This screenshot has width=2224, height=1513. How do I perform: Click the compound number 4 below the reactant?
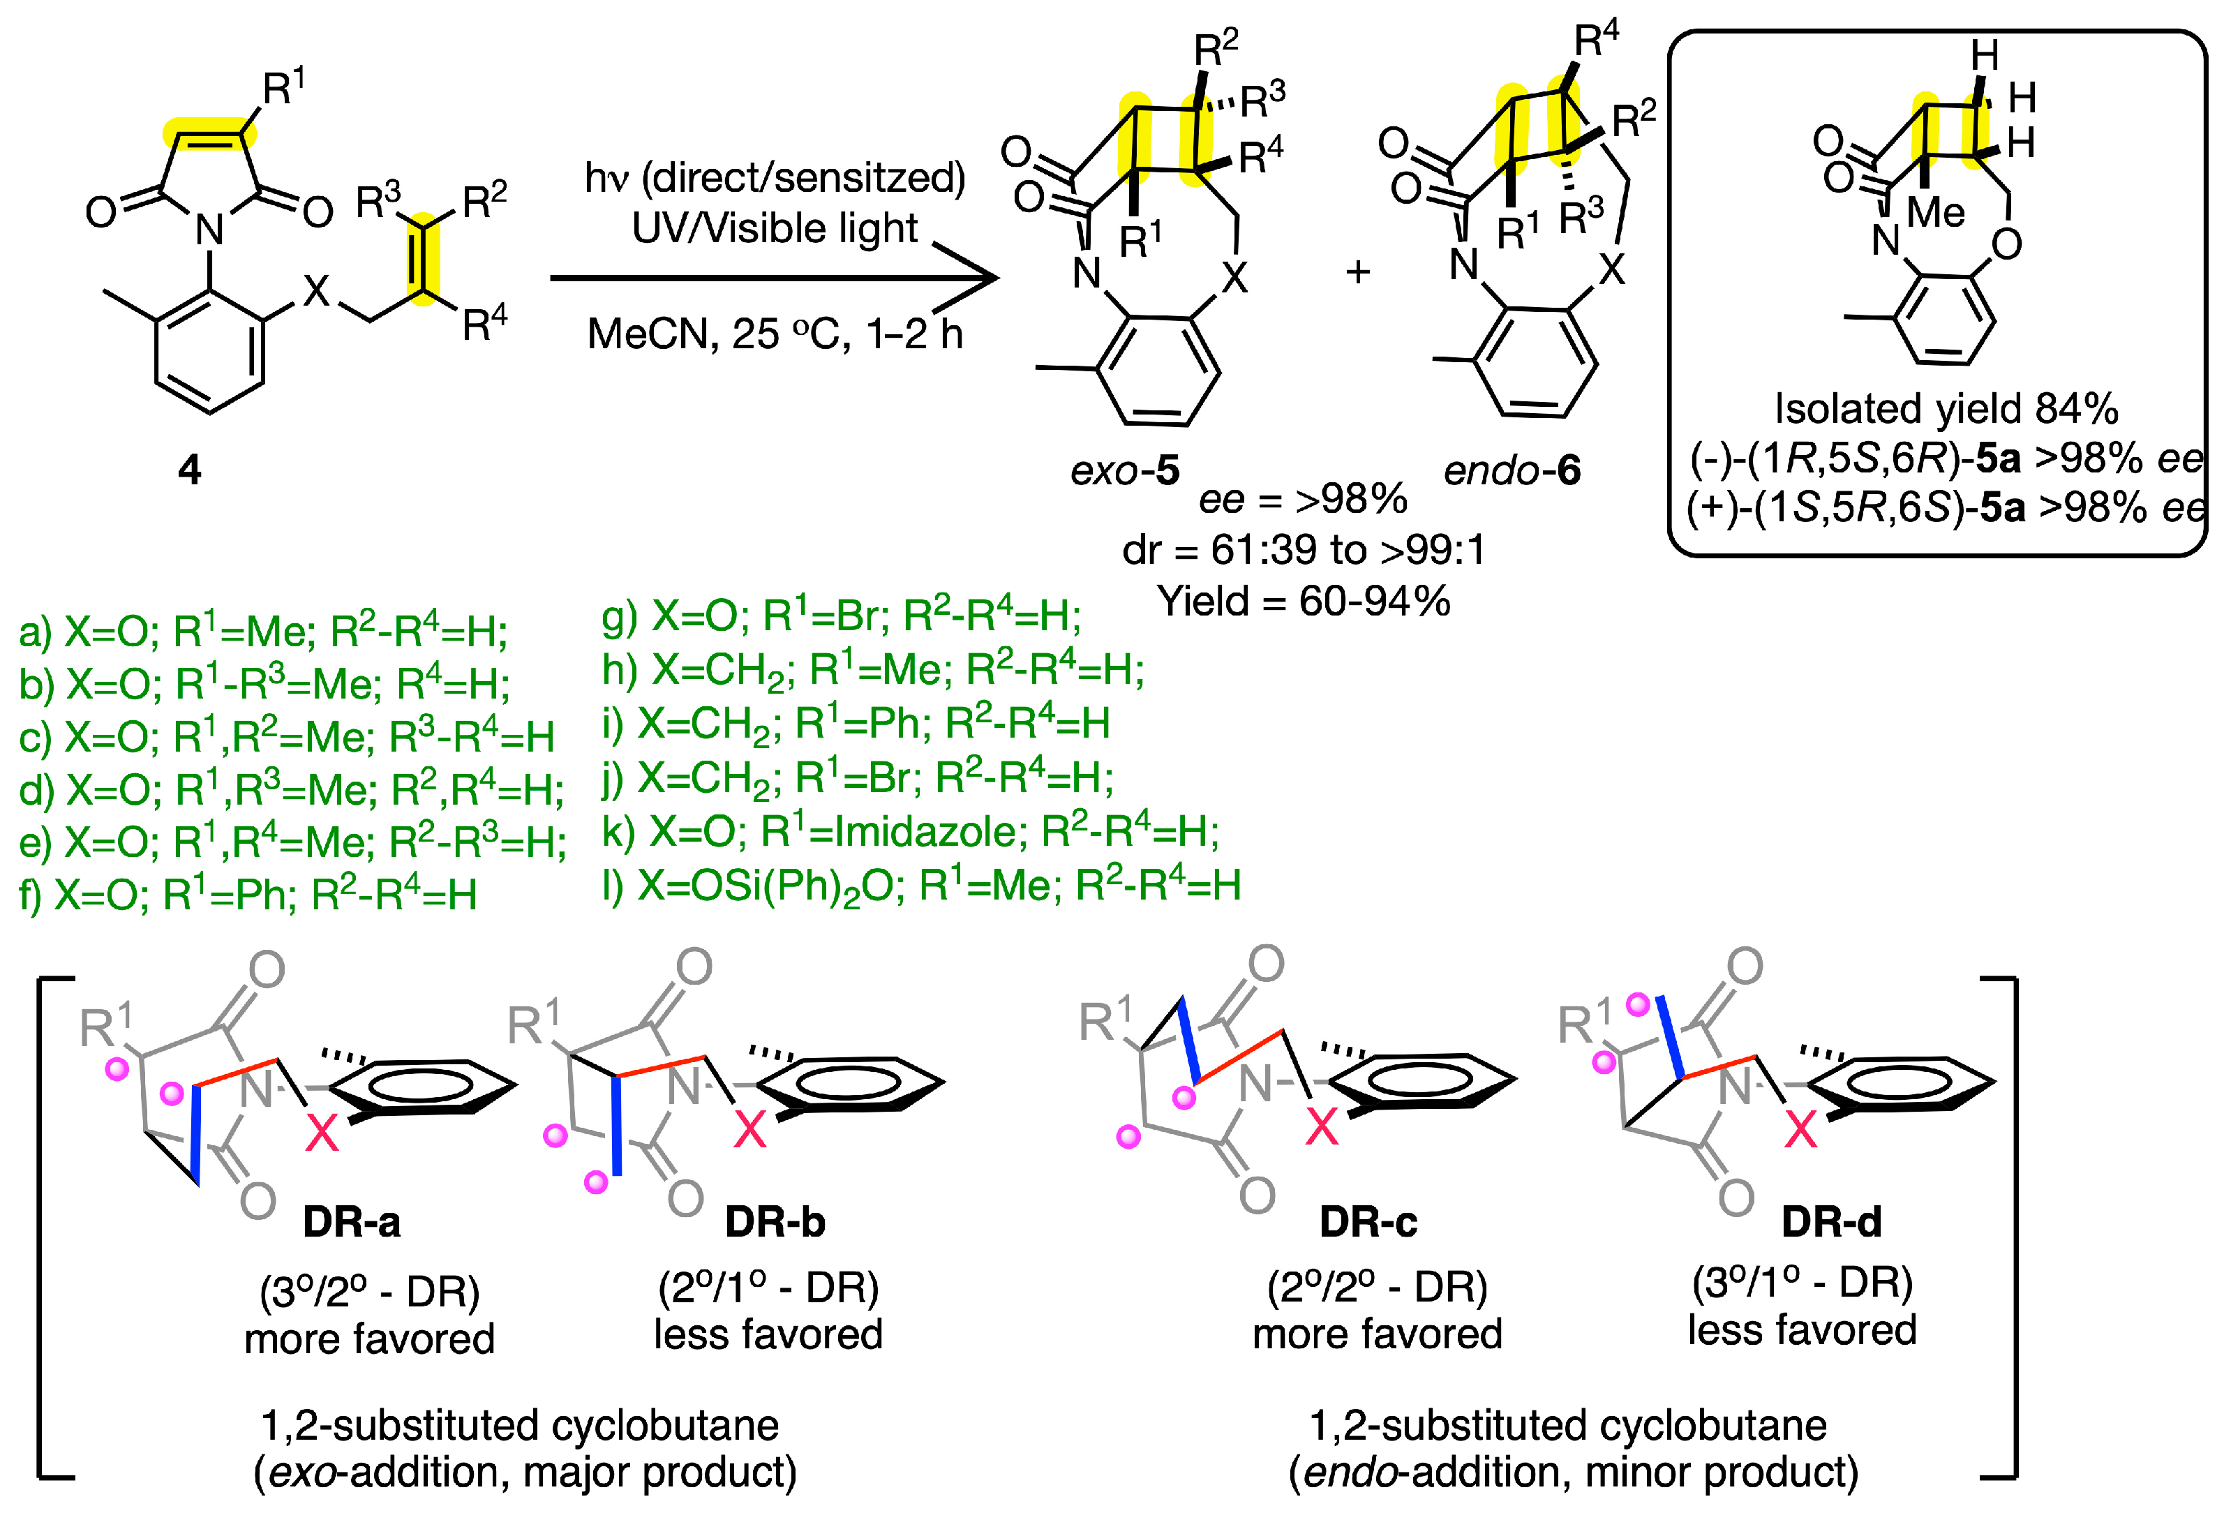coord(190,470)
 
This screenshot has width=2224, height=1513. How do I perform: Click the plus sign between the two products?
coord(1357,273)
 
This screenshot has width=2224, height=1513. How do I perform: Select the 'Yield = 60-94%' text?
coord(1304,601)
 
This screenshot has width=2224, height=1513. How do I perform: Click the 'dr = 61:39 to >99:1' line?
coord(1304,550)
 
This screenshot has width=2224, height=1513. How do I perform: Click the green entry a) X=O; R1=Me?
coord(263,632)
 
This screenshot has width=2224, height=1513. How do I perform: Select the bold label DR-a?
coord(351,1222)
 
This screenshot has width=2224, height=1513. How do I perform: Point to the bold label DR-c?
coord(1368,1222)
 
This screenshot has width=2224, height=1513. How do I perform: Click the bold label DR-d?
coord(1830,1222)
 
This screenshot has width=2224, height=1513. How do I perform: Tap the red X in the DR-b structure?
coord(749,1131)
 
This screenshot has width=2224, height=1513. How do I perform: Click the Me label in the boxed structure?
coord(1935,212)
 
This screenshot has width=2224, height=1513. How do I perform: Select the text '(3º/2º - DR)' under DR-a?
coord(369,1292)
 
